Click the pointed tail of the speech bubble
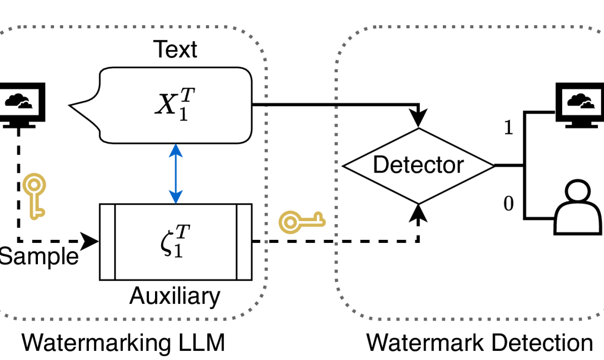pos(81,107)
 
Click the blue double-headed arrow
pos(176,173)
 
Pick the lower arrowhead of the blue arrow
pos(176,197)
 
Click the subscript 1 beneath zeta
pos(178,251)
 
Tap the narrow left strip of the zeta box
pos(108,242)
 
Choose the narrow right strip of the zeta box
pos(244,242)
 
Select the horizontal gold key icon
pos(302,222)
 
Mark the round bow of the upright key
pos(33,185)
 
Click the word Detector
pos(418,165)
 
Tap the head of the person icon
pos(577,193)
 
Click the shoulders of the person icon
pos(577,220)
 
